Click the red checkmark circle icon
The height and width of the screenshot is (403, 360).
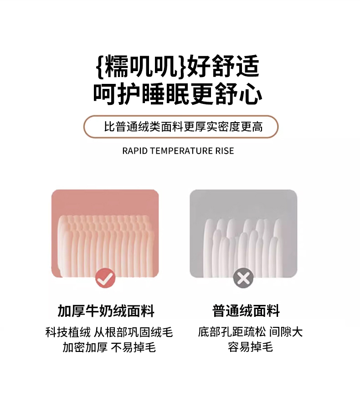pyautogui.click(x=105, y=278)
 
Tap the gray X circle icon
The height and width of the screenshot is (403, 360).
pyautogui.click(x=243, y=278)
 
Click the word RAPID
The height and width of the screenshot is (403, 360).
pyautogui.click(x=135, y=151)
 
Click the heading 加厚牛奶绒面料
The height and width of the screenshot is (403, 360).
pyautogui.click(x=106, y=311)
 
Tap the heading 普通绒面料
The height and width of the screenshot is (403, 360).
pyautogui.click(x=246, y=311)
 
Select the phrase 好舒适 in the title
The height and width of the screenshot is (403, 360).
pyautogui.click(x=223, y=66)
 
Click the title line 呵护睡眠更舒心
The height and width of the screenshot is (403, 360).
pyautogui.click(x=178, y=94)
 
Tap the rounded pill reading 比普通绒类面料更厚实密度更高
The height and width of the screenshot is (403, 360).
pyautogui.click(x=181, y=127)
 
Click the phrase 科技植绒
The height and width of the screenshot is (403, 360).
pyautogui.click(x=68, y=332)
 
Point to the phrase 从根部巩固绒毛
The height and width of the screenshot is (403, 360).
pyautogui.click(x=133, y=332)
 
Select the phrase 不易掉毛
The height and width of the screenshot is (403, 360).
pyautogui.click(x=134, y=347)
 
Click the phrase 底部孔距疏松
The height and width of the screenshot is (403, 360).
pyautogui.click(x=232, y=332)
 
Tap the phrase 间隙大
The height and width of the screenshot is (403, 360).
pyautogui.click(x=286, y=332)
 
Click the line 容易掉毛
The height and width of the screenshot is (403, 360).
pyautogui.click(x=250, y=347)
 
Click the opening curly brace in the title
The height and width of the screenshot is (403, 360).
pyautogui.click(x=100, y=66)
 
